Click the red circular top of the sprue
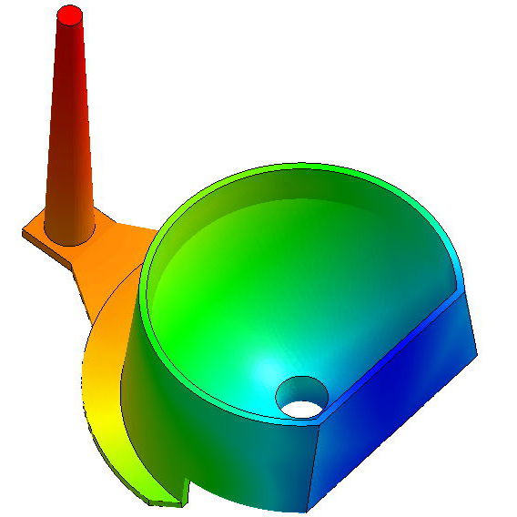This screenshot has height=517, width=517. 70,15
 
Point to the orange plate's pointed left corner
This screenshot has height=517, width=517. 25,231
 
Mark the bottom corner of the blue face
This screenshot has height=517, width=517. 312,503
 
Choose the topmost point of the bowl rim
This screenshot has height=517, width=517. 300,166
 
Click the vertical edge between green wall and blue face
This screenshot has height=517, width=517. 316,464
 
